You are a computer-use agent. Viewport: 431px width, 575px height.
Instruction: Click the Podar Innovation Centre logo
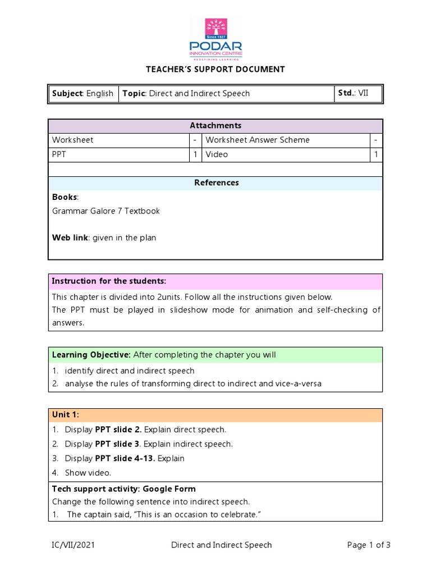pos(215,39)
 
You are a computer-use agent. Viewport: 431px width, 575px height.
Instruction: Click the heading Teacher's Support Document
pos(215,70)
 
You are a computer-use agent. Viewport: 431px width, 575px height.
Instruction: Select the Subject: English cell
pos(82,94)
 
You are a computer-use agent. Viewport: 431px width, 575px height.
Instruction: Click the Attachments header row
pos(215,126)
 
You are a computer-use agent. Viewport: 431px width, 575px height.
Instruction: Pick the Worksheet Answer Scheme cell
pos(258,140)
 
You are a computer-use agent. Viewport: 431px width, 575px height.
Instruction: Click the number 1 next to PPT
pos(195,154)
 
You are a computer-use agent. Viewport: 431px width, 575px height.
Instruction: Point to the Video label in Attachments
pos(217,154)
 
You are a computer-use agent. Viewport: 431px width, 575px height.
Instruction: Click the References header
pos(215,183)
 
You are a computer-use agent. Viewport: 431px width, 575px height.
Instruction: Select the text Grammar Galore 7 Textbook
pos(106,211)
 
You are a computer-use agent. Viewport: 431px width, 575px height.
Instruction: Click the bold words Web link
pos(70,238)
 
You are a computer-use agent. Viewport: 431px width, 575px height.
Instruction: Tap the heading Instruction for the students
pos(109,281)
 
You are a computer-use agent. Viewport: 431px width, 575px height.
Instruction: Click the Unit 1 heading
pos(66,415)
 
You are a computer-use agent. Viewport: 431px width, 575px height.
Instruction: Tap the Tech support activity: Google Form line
pos(123,489)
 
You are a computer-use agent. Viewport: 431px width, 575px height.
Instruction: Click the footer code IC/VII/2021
pos(75,545)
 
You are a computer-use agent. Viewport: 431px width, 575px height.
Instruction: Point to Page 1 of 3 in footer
pos(369,545)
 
